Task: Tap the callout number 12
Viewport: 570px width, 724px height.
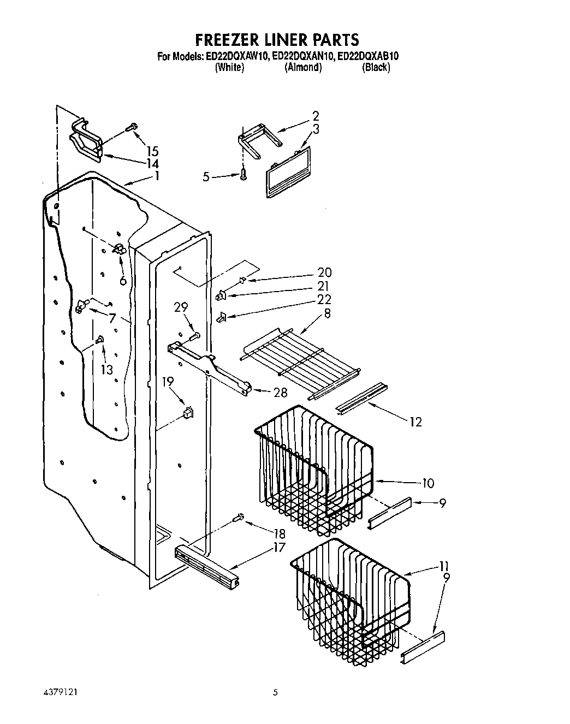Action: point(415,422)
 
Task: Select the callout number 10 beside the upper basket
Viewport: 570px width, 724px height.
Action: point(428,483)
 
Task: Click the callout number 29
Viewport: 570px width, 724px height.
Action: point(181,308)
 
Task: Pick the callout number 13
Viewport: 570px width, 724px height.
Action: point(106,370)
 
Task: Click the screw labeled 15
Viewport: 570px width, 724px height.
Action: point(130,127)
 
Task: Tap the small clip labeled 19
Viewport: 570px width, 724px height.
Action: point(188,412)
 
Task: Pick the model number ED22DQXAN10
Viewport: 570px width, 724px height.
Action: point(302,56)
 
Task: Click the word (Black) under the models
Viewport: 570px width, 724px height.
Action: point(376,68)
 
